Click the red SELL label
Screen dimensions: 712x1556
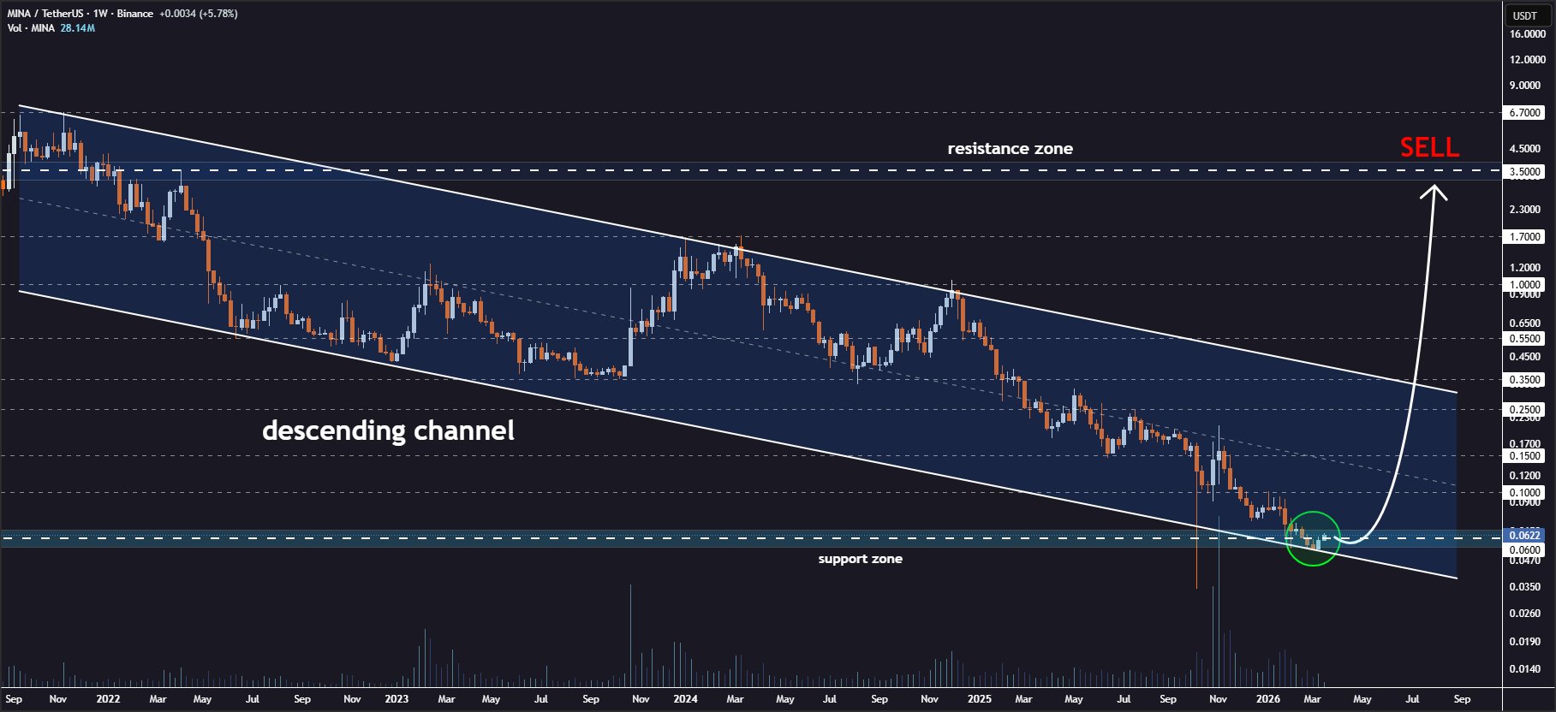[1429, 148]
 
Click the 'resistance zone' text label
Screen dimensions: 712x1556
[1010, 149]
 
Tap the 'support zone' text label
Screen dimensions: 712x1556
[860, 559]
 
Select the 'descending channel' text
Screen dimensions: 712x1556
[388, 430]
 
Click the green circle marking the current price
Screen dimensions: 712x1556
[1313, 538]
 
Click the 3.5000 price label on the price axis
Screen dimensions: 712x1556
[1525, 172]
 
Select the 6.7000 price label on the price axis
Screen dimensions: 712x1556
[1525, 113]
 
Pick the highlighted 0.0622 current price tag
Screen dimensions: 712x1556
[1525, 536]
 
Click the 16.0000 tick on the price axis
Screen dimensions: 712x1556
[1527, 34]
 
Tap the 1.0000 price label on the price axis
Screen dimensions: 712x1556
[1525, 285]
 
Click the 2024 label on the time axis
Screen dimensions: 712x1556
[685, 699]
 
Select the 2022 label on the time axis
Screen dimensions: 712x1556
[108, 699]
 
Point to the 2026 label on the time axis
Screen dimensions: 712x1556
[1267, 699]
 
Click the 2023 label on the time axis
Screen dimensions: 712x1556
[396, 699]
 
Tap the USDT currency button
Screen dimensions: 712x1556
[1525, 15]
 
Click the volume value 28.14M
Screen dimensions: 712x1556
[78, 28]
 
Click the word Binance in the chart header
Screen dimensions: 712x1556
[135, 14]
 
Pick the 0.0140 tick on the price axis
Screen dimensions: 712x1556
[1525, 669]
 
